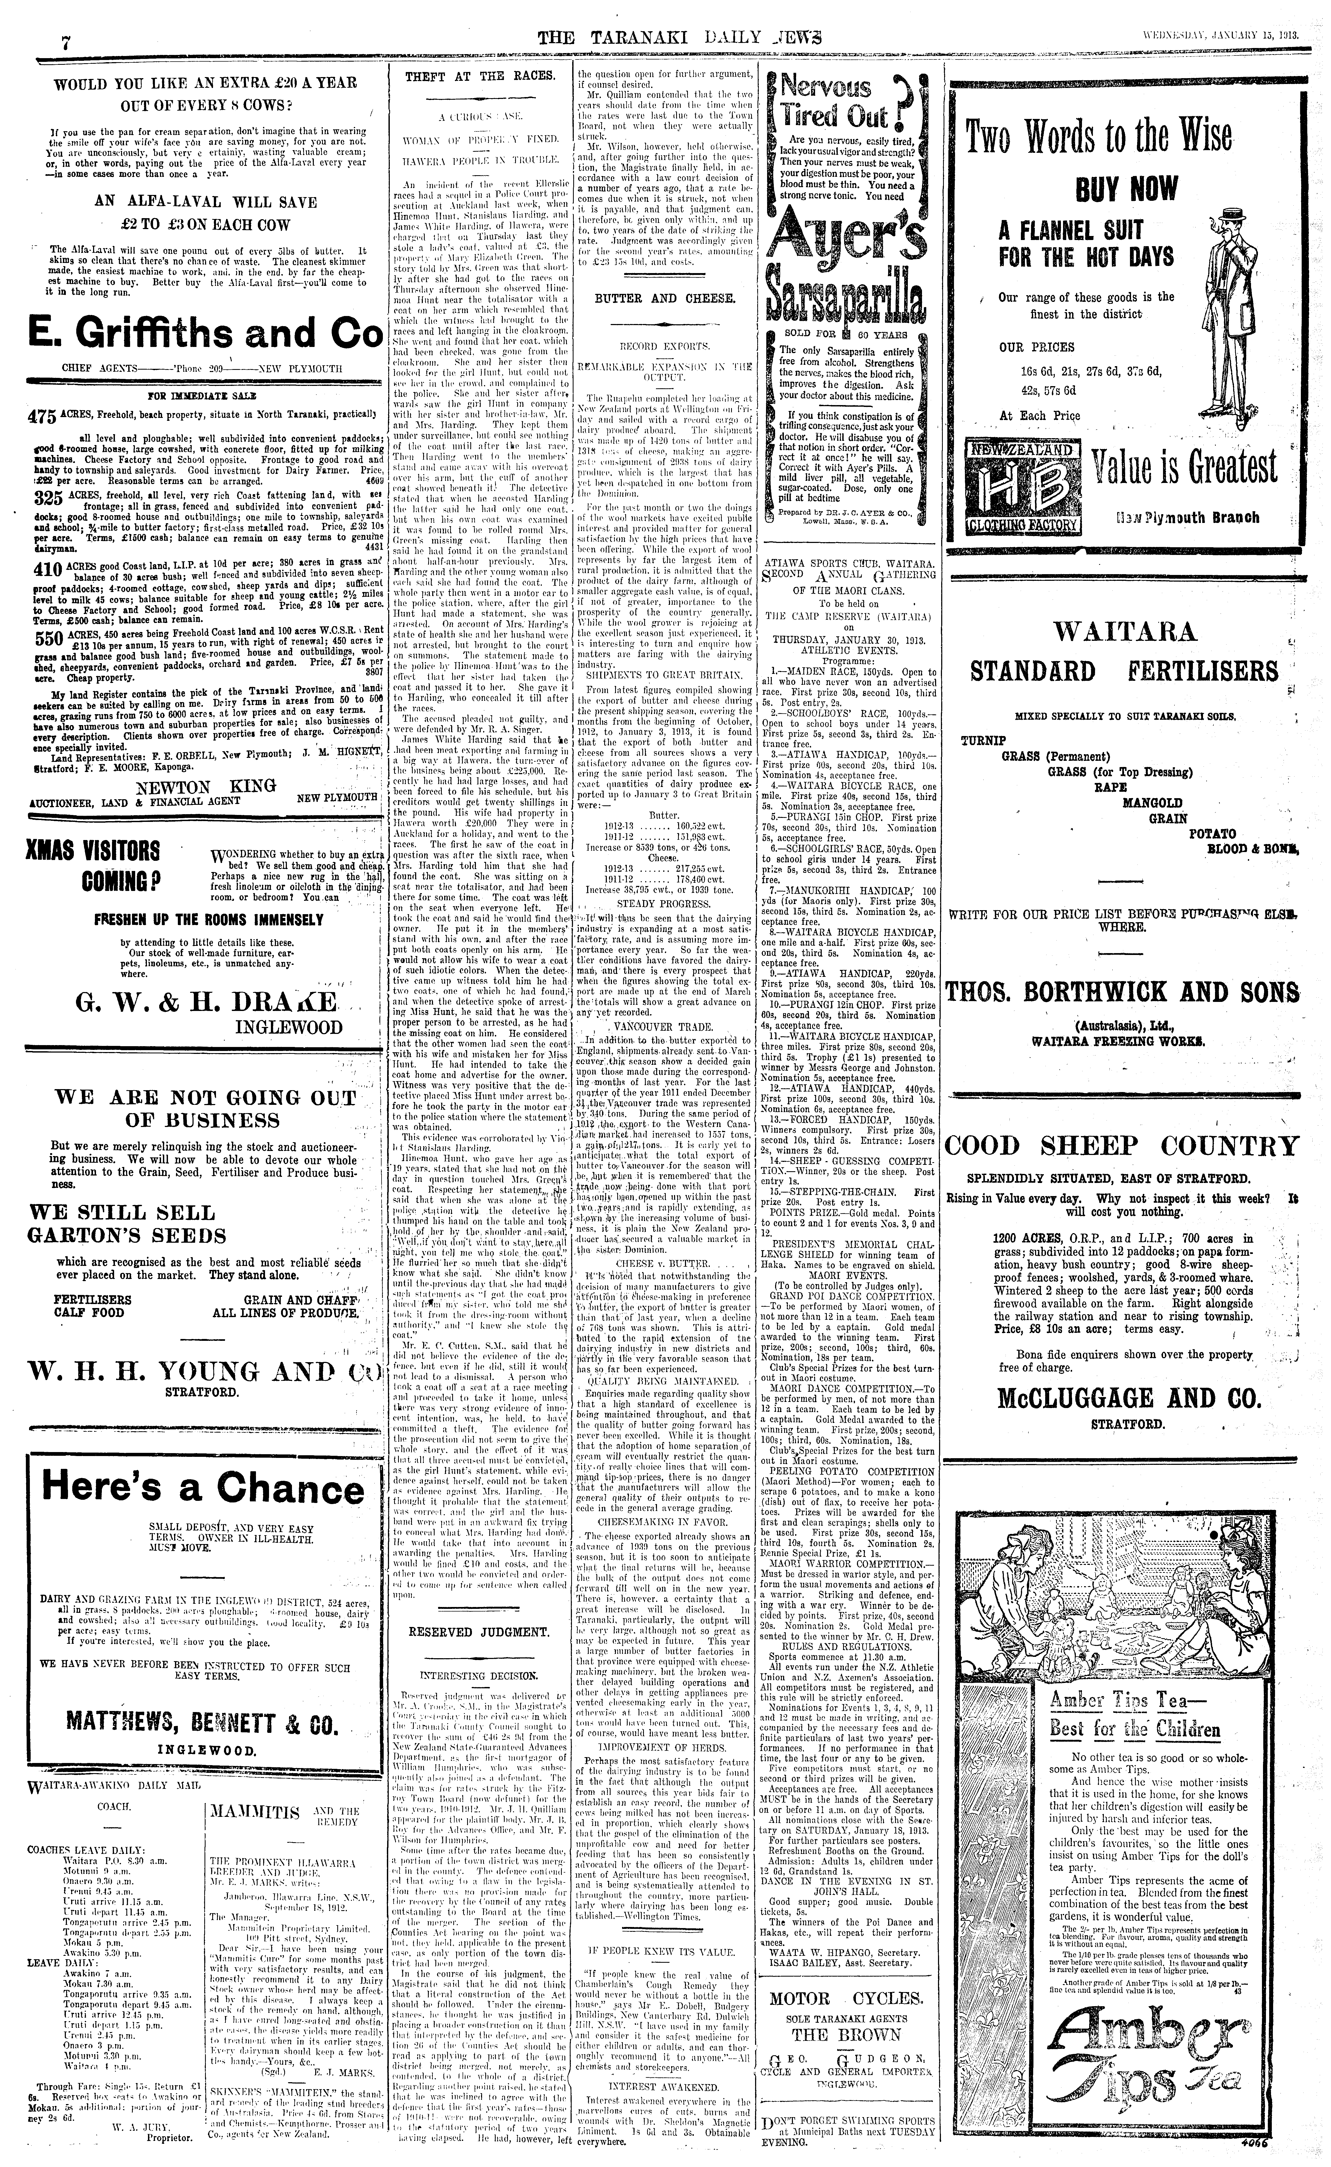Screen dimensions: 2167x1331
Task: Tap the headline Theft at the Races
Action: [x=480, y=77]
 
